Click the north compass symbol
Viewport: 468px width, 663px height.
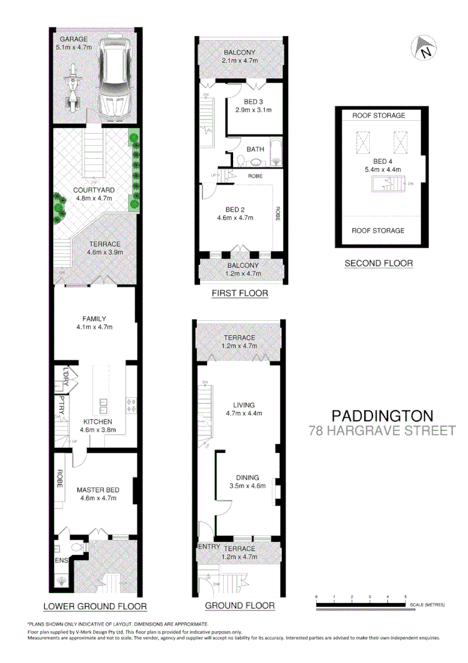click(x=425, y=49)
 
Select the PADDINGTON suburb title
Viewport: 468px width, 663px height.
click(x=382, y=415)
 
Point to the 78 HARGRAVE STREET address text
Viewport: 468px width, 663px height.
click(x=383, y=430)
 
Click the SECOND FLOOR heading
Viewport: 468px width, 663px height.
click(x=379, y=263)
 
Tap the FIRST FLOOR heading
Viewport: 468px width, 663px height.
click(x=241, y=293)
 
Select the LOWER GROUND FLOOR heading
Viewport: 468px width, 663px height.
click(x=95, y=606)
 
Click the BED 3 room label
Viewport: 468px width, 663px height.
click(x=254, y=101)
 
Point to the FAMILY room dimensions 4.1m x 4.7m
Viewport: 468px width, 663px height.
click(x=94, y=326)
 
